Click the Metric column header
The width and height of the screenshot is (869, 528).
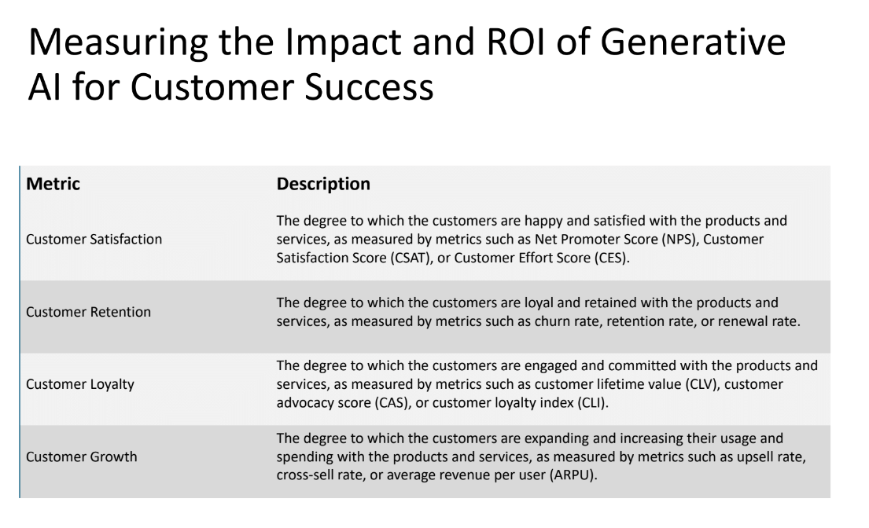53,185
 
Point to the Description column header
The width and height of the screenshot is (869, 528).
323,185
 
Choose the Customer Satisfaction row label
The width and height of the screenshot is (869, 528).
94,240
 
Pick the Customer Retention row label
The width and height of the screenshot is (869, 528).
88,312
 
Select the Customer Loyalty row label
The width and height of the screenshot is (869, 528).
80,384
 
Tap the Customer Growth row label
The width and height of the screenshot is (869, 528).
82,456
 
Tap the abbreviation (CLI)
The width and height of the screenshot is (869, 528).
574,401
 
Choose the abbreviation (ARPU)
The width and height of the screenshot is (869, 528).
572,474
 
